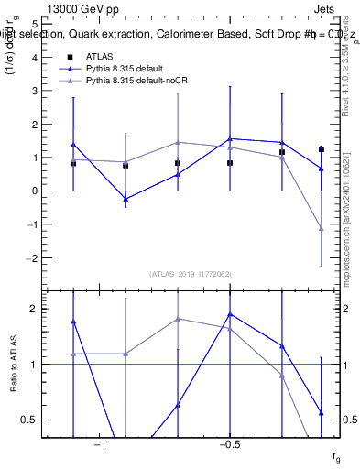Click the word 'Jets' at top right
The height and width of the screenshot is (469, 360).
(x=325, y=10)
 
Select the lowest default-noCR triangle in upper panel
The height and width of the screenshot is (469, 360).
(x=322, y=228)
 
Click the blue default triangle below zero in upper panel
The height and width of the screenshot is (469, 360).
(x=125, y=199)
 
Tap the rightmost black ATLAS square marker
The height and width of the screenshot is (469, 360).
(x=322, y=149)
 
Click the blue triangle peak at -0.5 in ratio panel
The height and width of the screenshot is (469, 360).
(x=230, y=314)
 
